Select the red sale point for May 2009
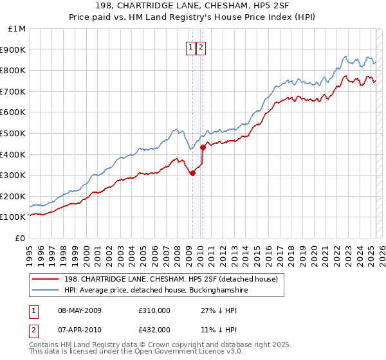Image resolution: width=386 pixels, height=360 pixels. pos(192,173)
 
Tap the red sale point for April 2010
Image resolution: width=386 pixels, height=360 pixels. pos(203,147)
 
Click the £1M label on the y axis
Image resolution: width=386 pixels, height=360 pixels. pos(17,29)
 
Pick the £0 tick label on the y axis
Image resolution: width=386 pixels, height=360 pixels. pos(20,238)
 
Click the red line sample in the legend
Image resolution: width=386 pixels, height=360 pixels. pos(45,278)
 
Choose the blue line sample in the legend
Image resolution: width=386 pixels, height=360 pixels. pos(45,291)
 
